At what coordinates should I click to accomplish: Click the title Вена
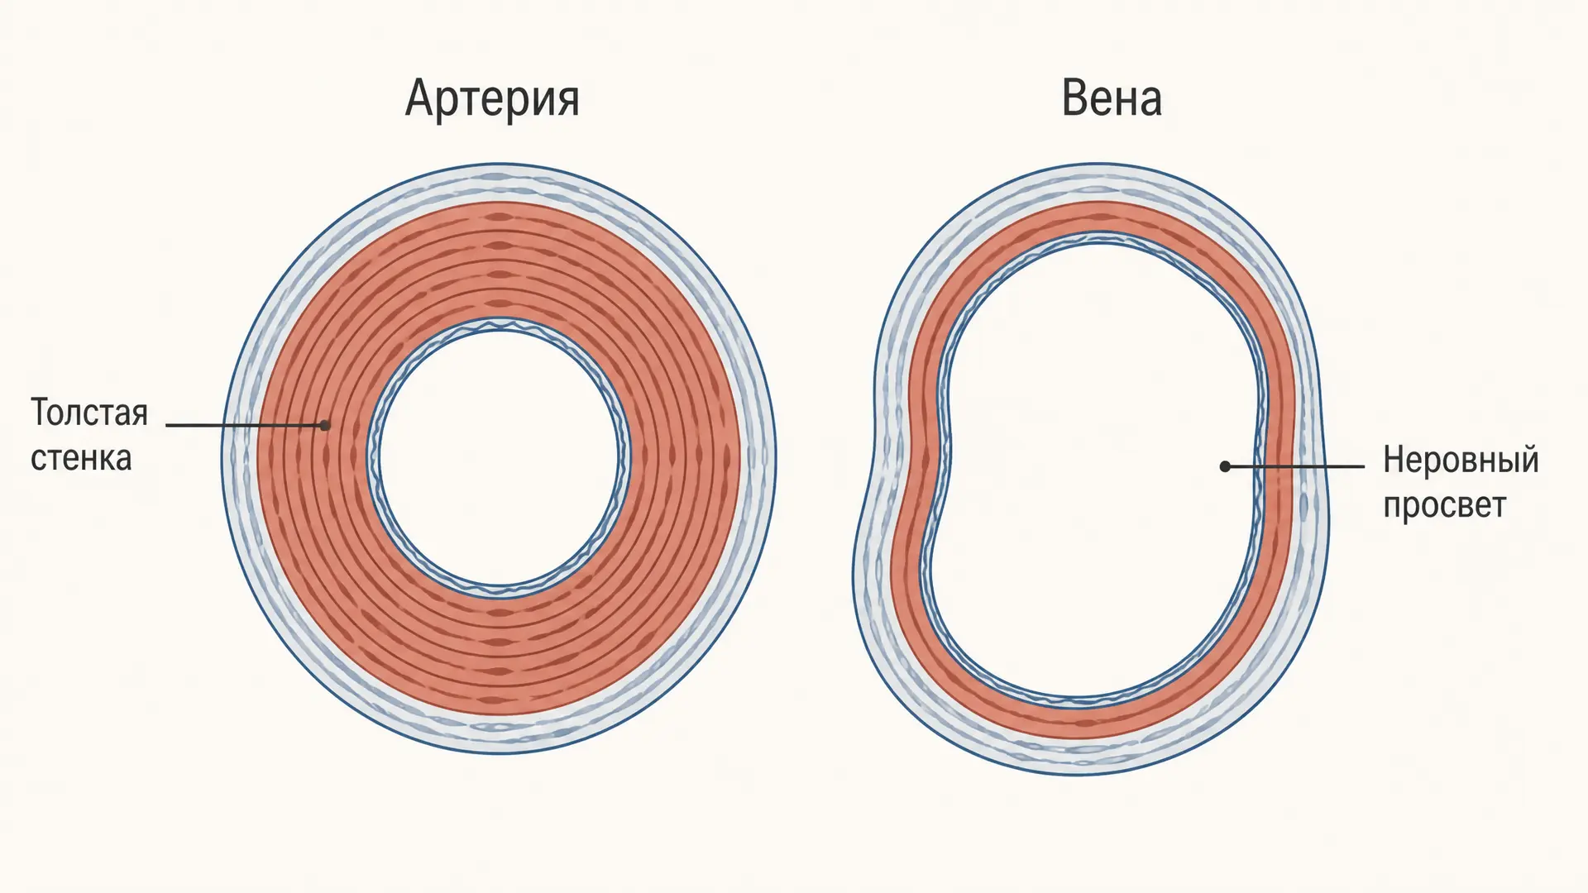[x=1112, y=98]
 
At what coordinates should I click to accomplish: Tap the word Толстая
[x=89, y=413]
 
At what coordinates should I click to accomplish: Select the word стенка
[x=81, y=458]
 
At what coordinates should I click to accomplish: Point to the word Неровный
[x=1461, y=460]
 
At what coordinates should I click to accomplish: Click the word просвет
[x=1445, y=505]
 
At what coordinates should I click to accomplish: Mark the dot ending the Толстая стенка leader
[x=325, y=425]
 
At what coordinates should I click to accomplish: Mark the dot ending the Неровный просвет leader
[x=1225, y=466]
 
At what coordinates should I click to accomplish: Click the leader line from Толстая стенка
[x=246, y=425]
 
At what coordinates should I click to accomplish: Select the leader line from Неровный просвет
[x=1294, y=466]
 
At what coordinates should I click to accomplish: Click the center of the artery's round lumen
[x=500, y=456]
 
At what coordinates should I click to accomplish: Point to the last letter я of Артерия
[x=567, y=104]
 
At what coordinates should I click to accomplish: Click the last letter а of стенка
[x=123, y=460]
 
